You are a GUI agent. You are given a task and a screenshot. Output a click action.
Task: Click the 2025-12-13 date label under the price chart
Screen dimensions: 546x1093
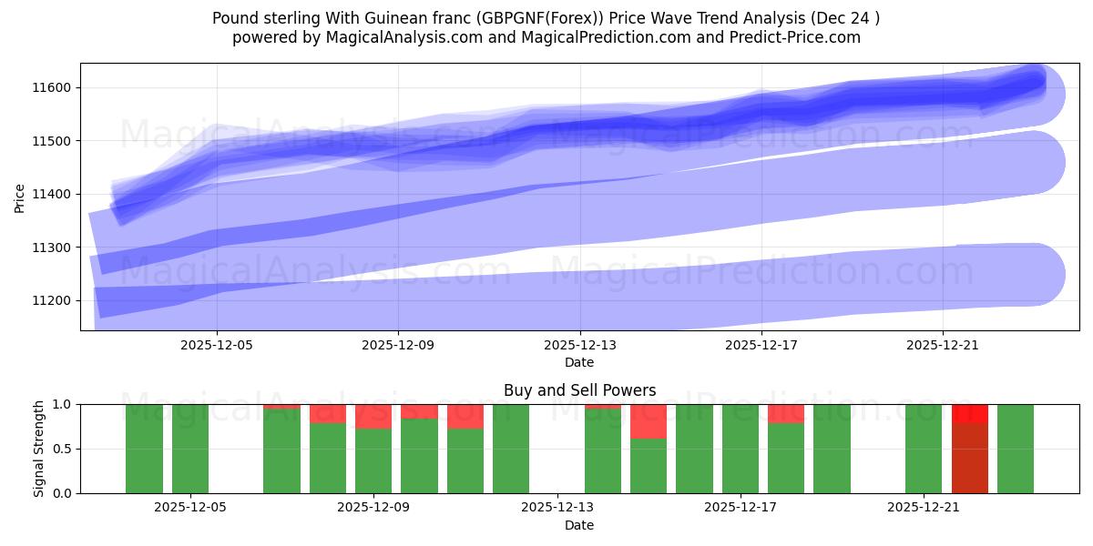pos(579,346)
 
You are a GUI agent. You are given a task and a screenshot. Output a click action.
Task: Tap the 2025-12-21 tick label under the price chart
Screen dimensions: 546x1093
pos(943,346)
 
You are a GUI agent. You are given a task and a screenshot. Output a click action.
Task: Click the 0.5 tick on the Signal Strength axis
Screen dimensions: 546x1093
pos(64,449)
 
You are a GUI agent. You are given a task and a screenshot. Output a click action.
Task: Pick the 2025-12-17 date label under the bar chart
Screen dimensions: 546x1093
pos(740,508)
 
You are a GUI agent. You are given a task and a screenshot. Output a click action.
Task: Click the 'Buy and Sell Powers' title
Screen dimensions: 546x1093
pos(579,390)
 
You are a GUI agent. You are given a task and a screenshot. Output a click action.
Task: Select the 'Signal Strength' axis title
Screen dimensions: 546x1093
pos(38,449)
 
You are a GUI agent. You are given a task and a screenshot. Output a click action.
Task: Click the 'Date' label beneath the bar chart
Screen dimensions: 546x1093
pos(579,525)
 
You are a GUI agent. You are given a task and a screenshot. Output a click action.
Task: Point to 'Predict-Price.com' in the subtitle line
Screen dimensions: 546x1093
pos(796,37)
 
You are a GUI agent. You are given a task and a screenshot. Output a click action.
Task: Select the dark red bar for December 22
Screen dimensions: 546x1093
pos(969,458)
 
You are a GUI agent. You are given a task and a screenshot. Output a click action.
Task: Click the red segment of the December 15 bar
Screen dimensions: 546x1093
pos(649,421)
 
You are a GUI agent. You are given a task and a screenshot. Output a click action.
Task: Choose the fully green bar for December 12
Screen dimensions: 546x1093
pos(511,449)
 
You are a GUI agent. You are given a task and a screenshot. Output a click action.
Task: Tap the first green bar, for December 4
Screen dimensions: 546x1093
pos(144,449)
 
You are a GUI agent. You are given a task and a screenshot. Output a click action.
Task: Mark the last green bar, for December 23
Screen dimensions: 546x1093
pos(1016,449)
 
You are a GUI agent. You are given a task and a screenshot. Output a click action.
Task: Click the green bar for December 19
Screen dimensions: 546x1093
pos(832,449)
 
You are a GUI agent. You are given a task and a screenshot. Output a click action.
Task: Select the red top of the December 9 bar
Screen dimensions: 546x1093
pos(373,416)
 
